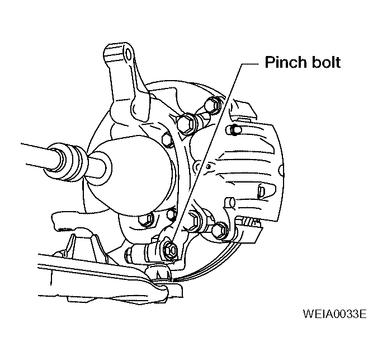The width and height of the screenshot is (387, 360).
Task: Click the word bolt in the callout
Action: click(326, 62)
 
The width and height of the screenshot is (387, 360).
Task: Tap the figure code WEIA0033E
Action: click(334, 314)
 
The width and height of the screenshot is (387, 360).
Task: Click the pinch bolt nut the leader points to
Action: click(170, 251)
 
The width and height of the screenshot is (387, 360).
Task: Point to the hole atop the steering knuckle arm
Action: click(129, 53)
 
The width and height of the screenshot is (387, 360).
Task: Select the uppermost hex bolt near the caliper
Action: click(214, 106)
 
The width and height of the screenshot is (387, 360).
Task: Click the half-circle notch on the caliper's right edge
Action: click(281, 171)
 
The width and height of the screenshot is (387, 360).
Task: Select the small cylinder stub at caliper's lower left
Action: click(230, 202)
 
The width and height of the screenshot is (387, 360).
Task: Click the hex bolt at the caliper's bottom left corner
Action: click(220, 231)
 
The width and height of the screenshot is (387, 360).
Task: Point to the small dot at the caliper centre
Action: click(209, 166)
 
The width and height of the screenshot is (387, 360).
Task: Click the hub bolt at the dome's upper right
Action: click(168, 140)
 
